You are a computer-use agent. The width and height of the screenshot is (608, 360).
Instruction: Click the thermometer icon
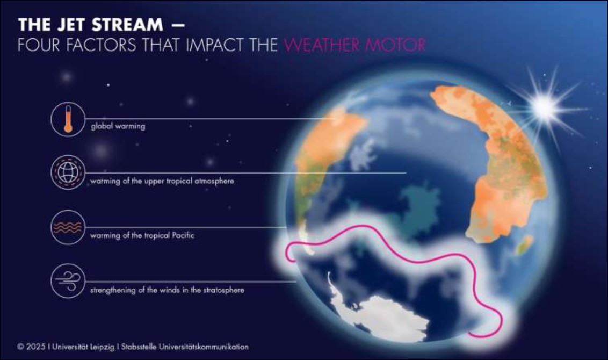[x=68, y=119]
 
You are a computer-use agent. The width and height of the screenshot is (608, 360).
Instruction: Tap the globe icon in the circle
[x=68, y=172]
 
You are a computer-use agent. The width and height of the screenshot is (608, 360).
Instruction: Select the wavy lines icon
[x=68, y=227]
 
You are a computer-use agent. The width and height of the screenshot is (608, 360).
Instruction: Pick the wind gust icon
[x=68, y=281]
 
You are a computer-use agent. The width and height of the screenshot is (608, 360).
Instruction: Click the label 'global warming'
[x=118, y=126]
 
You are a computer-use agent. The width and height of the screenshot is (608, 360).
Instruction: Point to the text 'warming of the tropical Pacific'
[x=142, y=235]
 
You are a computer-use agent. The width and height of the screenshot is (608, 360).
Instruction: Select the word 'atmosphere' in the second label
[x=214, y=181]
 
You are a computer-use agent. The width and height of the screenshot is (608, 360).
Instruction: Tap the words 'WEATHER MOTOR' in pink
[x=355, y=45]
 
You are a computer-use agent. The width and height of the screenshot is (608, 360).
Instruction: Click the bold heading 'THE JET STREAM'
[x=91, y=25]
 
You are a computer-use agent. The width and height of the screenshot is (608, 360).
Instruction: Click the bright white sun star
[x=545, y=107]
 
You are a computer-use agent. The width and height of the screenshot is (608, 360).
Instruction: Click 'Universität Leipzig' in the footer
[x=83, y=347]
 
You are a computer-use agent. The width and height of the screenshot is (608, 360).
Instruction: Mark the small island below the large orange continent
[x=524, y=245]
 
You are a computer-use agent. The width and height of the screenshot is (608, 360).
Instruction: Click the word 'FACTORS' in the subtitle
[x=101, y=45]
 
